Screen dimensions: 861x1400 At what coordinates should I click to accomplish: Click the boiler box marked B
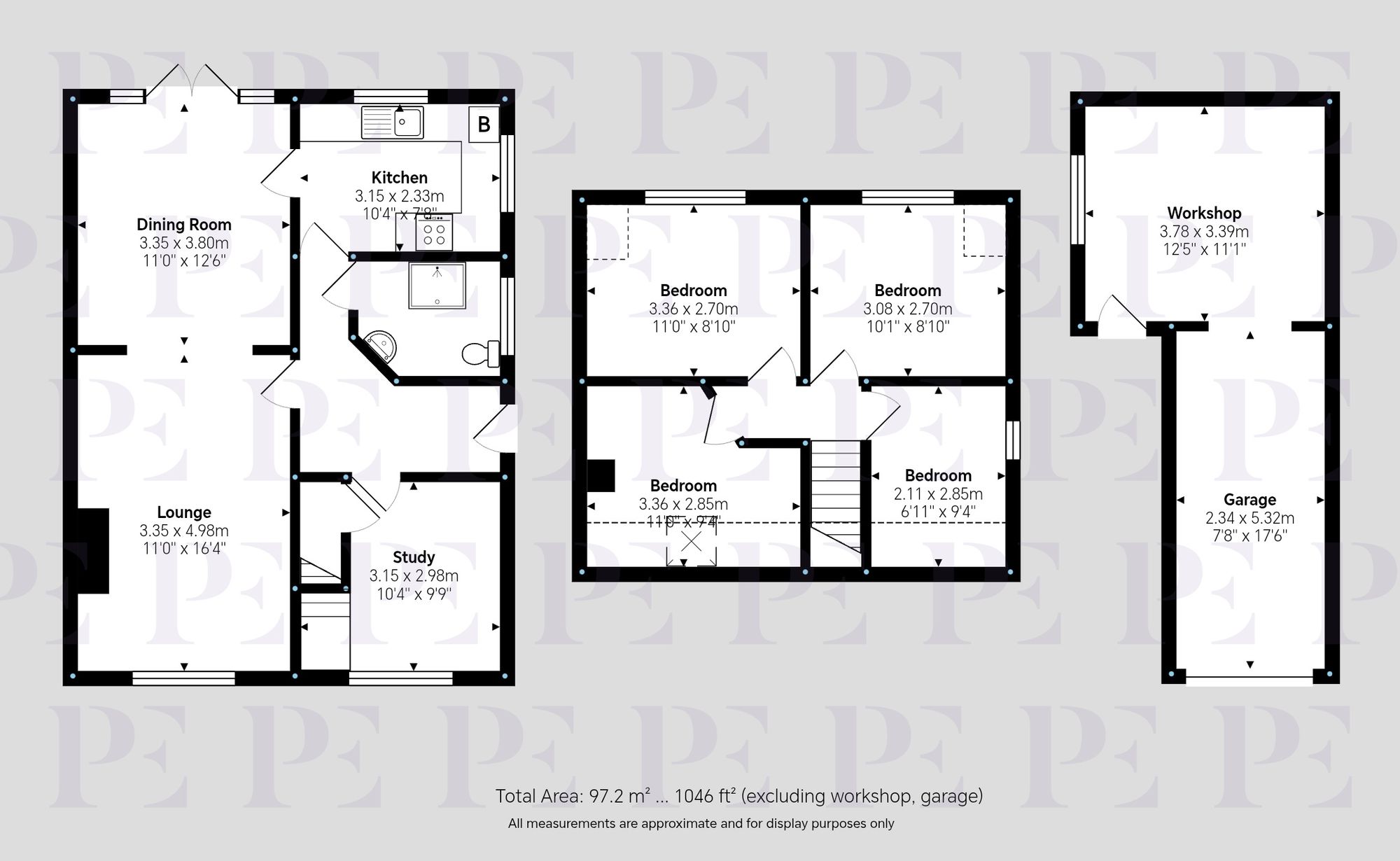(x=484, y=125)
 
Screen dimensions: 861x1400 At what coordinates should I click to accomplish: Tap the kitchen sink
(x=392, y=122)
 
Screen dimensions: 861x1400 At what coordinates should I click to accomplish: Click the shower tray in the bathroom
(x=437, y=286)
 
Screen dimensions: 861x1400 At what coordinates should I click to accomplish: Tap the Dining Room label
(x=183, y=225)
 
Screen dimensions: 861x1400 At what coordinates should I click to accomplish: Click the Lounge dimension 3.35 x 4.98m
(x=183, y=531)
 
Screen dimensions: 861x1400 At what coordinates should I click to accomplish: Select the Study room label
(x=414, y=557)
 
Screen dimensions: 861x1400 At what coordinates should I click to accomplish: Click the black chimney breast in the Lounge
(x=92, y=551)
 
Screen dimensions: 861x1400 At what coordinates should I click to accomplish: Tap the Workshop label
(x=1204, y=213)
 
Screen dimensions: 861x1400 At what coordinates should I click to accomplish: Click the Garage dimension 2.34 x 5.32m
(x=1249, y=518)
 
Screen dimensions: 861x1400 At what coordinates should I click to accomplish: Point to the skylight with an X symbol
(x=691, y=542)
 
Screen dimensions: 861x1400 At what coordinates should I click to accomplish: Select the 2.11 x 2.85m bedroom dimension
(x=938, y=493)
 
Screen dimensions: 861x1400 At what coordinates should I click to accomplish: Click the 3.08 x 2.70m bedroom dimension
(x=907, y=309)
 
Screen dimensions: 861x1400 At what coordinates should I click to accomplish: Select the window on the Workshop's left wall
(x=1078, y=199)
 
